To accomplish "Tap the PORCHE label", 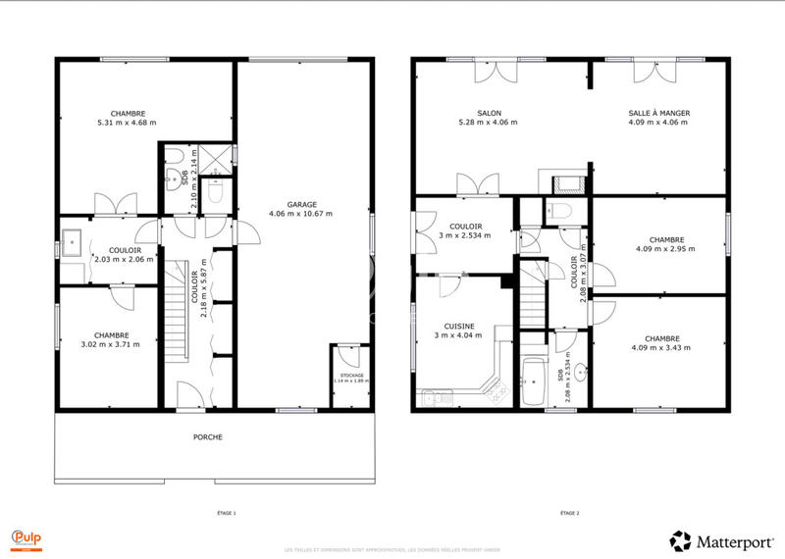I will click(x=208, y=436).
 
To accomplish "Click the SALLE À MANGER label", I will click(x=658, y=113).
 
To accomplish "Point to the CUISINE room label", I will click(x=461, y=326).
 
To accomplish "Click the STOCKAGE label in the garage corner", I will click(x=351, y=375).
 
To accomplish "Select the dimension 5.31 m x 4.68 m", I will click(x=127, y=123).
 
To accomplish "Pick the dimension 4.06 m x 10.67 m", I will click(x=301, y=213).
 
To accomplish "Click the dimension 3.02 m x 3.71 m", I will click(x=110, y=344).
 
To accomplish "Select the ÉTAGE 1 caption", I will click(x=227, y=513).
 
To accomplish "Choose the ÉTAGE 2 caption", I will click(x=570, y=513).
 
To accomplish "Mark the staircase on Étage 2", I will click(x=531, y=293).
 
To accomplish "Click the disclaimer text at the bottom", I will click(x=392, y=549).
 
